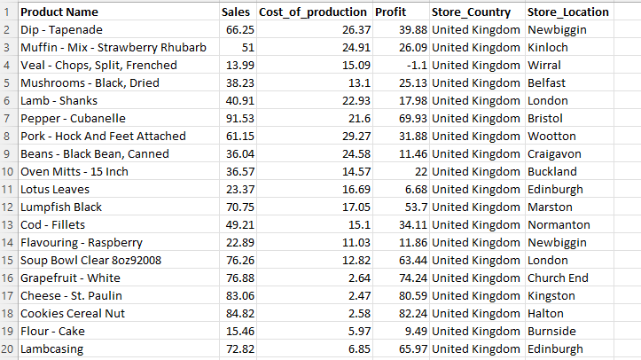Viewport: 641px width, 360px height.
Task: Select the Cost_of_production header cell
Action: tap(312, 12)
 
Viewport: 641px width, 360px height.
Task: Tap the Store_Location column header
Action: tap(567, 12)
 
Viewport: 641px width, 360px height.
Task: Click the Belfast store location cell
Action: tap(547, 83)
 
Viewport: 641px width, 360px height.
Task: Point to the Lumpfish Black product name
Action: tap(61, 207)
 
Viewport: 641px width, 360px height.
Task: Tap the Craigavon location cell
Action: tap(556, 154)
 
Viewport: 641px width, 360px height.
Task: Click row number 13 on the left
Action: tap(8, 225)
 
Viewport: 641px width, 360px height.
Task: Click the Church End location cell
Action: tap(558, 278)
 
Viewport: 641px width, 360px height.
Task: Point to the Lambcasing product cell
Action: tap(51, 349)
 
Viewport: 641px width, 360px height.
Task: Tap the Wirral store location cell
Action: tap(544, 66)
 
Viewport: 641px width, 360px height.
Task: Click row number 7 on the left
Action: tap(8, 119)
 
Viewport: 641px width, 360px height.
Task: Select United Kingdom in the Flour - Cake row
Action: tap(476, 332)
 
